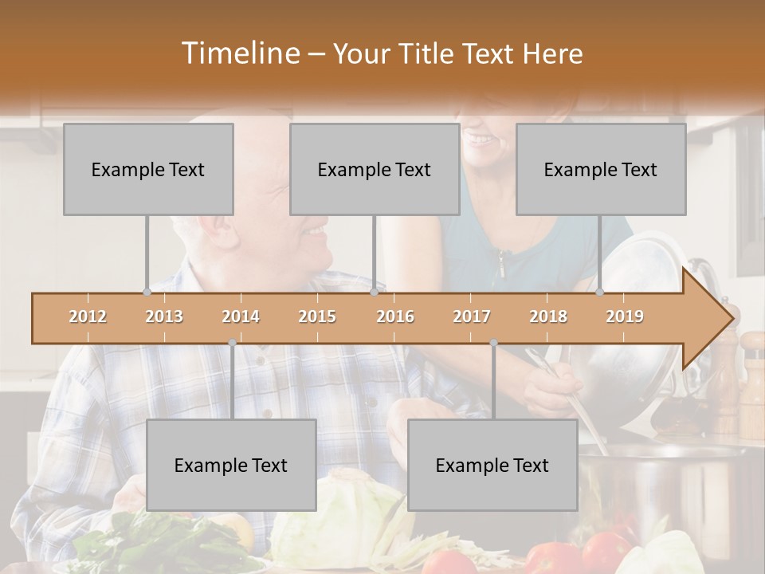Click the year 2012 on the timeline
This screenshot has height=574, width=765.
pyautogui.click(x=88, y=316)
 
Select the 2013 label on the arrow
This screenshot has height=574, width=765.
pyautogui.click(x=164, y=316)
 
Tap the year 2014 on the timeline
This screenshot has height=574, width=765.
pyautogui.click(x=241, y=316)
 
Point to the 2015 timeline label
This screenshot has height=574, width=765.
pyautogui.click(x=317, y=316)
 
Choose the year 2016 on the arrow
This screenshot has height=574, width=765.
pyautogui.click(x=395, y=316)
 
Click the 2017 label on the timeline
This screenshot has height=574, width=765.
pyautogui.click(x=472, y=316)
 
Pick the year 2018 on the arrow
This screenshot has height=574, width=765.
pyautogui.click(x=548, y=316)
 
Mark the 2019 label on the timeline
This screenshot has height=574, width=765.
pyautogui.click(x=625, y=316)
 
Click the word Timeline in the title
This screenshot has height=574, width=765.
pyautogui.click(x=239, y=53)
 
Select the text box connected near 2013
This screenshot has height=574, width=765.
pyautogui.click(x=148, y=169)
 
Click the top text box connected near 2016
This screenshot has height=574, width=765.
pyautogui.click(x=375, y=169)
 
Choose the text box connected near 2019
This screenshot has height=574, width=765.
pyautogui.click(x=601, y=169)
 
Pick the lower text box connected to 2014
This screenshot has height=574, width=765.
pyautogui.click(x=231, y=465)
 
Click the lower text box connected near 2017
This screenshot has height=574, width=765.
pyautogui.click(x=492, y=465)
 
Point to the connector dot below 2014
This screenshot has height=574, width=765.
pyautogui.click(x=232, y=343)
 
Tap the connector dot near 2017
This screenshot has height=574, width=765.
pyautogui.click(x=493, y=343)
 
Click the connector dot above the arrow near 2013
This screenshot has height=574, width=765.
pyautogui.click(x=147, y=293)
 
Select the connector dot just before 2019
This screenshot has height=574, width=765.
pyautogui.click(x=599, y=293)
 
